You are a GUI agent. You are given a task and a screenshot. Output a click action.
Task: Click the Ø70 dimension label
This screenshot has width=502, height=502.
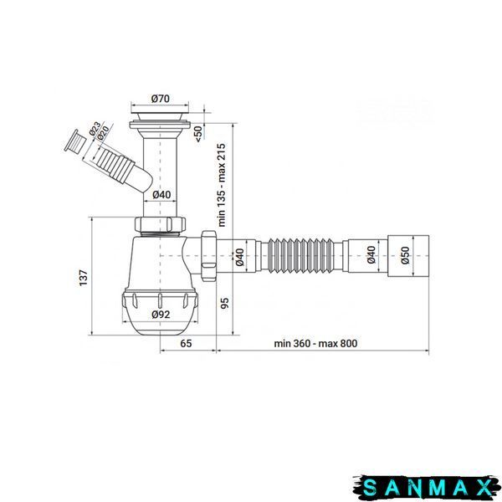(x=160, y=98)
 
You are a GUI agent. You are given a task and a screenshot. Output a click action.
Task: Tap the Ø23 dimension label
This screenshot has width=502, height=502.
(x=95, y=129)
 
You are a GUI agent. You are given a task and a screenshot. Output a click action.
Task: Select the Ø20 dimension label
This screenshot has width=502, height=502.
(x=103, y=132)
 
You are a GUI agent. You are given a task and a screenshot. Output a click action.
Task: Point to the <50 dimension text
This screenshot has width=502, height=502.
(x=199, y=134)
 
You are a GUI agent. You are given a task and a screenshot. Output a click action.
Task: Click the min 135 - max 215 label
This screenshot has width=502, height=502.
(x=222, y=185)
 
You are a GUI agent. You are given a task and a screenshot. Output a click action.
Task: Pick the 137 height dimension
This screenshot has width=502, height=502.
(x=83, y=278)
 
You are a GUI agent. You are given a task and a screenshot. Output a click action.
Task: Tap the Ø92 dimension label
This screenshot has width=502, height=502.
(x=161, y=315)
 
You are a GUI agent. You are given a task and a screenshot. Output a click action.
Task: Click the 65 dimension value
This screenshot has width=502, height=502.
(x=186, y=344)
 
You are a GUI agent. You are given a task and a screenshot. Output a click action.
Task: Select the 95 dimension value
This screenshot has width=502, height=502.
(x=225, y=303)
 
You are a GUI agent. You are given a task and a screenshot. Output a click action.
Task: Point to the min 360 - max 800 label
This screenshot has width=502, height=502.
(x=315, y=344)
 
